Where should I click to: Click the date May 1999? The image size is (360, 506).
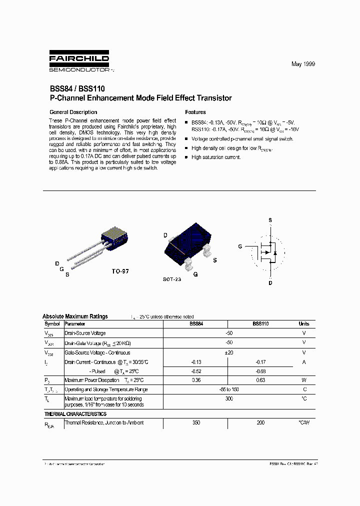pyautogui.click(x=303, y=64)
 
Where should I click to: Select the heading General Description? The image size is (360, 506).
pyautogui.click(x=73, y=112)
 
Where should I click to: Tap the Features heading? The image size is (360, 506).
pyautogui.click(x=195, y=112)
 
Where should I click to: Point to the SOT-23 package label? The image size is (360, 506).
pyautogui.click(x=171, y=279)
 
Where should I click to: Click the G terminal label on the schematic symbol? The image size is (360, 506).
pyautogui.click(x=240, y=247)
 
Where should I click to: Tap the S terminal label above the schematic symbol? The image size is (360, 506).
pyautogui.click(x=270, y=220)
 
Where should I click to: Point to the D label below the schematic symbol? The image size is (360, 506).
pyautogui.click(x=270, y=282)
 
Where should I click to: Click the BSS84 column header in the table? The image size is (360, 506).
pyautogui.click(x=196, y=324)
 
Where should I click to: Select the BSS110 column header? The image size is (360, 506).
pyautogui.click(x=260, y=324)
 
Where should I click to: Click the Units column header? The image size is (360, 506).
pyautogui.click(x=304, y=324)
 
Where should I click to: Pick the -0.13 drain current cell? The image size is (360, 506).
pyautogui.click(x=196, y=361)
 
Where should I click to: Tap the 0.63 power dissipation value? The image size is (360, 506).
pyautogui.click(x=260, y=380)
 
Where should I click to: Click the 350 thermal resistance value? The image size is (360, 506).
pyautogui.click(x=196, y=423)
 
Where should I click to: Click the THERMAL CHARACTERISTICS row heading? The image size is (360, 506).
pyautogui.click(x=75, y=414)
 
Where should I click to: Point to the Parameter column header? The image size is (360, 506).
pyautogui.click(x=75, y=324)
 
